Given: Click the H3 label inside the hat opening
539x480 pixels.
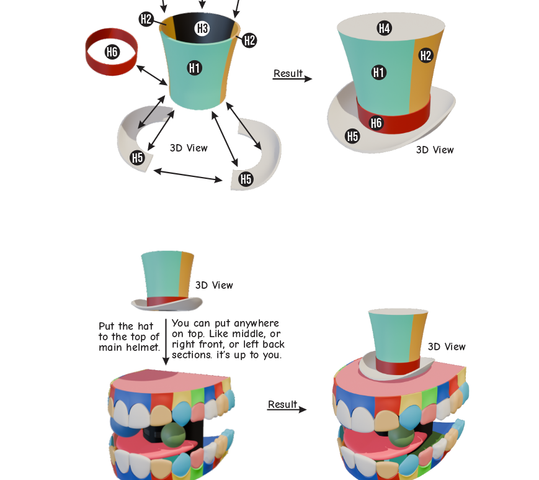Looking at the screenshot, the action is coord(202,29).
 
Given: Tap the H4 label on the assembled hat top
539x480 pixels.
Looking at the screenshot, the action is coord(384,28).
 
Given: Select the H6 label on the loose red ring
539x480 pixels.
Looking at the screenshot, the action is coord(112,52).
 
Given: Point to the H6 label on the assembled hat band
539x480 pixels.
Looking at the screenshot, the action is coord(376,123).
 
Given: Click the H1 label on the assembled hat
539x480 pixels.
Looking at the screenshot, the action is coord(379,73).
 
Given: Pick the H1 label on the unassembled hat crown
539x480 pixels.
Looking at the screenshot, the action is coord(195,68).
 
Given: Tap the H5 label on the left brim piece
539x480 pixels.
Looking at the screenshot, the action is coord(137,158).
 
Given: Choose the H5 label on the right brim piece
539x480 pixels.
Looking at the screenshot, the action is coord(246,179).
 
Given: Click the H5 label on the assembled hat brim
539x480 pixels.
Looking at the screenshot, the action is coord(352,136).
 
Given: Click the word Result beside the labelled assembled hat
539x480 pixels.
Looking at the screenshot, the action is coord(288,73).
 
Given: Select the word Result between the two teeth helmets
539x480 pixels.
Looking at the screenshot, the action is coord(283,404).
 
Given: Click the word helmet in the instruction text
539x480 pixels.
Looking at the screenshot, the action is coord(143,347).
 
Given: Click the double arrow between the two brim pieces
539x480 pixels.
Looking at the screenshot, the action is coord(188,175).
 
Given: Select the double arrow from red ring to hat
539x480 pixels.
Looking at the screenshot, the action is coord(152,75).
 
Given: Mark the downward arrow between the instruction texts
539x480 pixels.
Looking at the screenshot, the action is coord(166,342).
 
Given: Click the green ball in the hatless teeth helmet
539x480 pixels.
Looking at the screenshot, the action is coord(173,435).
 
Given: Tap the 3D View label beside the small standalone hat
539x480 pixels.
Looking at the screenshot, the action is coord(214,285).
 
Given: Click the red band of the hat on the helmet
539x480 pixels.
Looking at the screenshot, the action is coord(398,367).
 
